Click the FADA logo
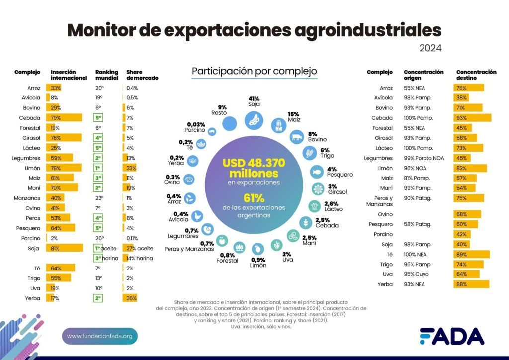tap(451, 336)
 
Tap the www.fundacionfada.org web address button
tap(99, 336)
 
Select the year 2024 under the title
tap(430, 48)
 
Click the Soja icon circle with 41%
tap(254, 120)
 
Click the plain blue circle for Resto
tap(229, 123)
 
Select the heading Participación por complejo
tap(254, 71)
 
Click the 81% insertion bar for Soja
tap(64, 248)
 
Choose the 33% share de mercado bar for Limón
tap(130, 168)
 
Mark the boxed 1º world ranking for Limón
tap(98, 168)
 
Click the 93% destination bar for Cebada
tap(472, 118)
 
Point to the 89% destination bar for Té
tap(471, 254)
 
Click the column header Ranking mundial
tap(106, 75)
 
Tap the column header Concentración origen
tap(424, 75)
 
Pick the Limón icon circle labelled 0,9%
tap(258, 248)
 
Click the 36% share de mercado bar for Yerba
tap(130, 298)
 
